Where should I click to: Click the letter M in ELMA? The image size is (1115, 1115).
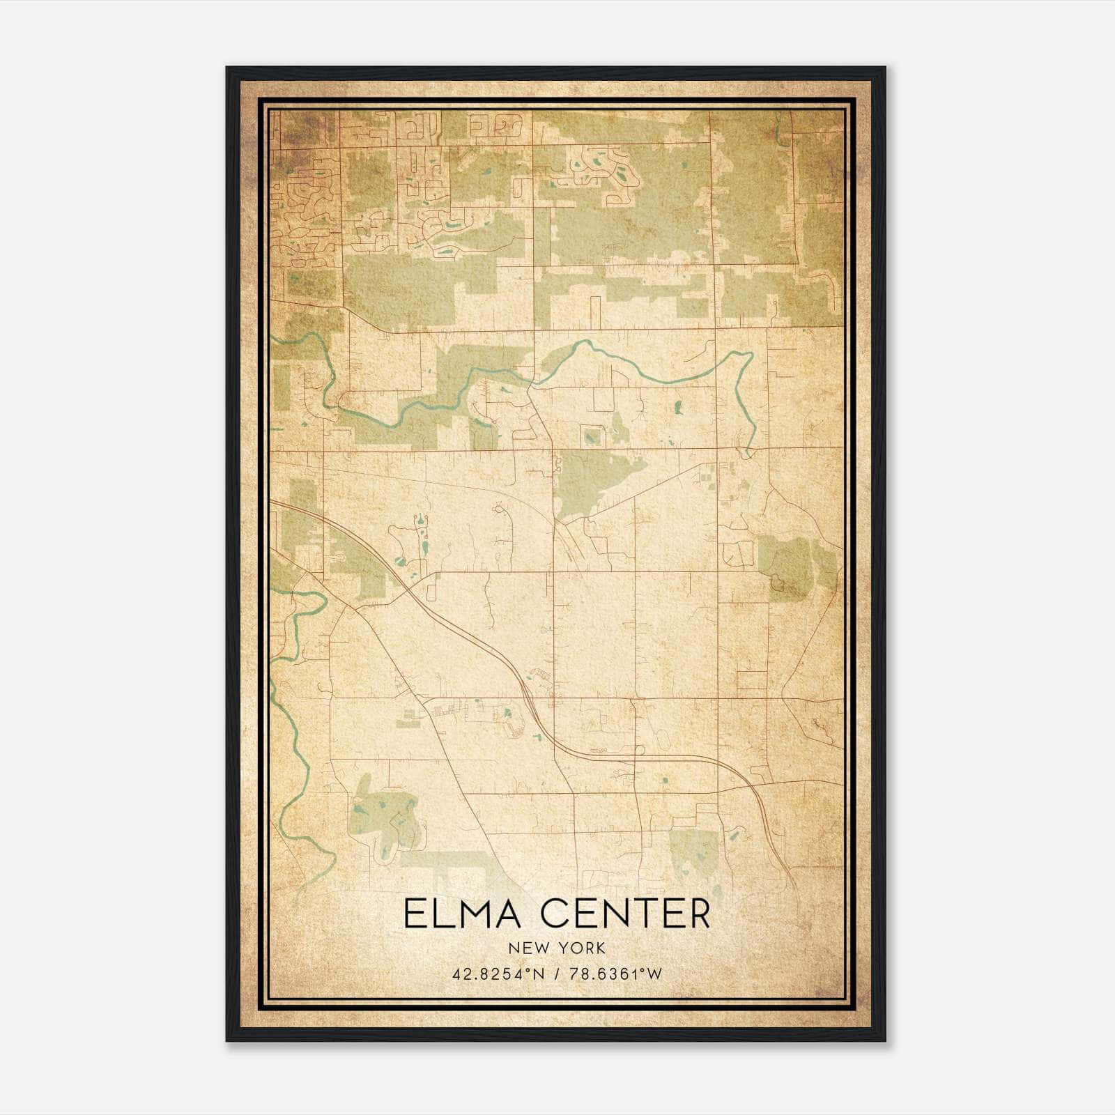pos(475,914)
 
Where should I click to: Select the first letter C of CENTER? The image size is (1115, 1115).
pos(555,914)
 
